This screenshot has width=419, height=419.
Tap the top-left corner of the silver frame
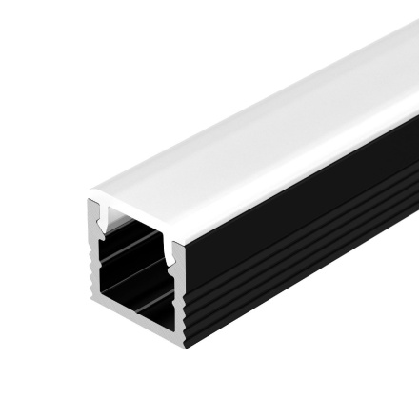90,203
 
